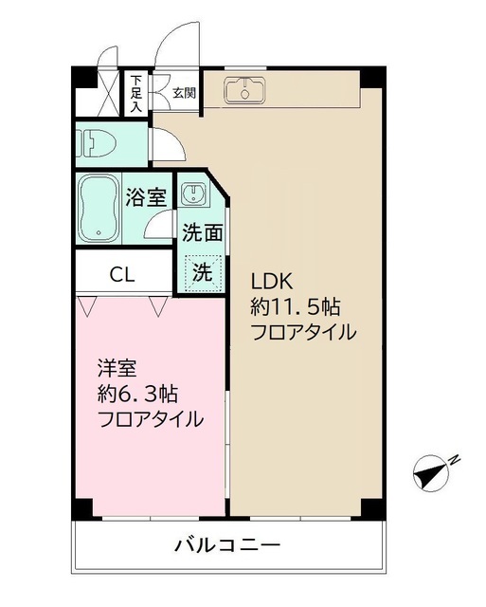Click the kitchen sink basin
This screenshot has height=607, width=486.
tap(244, 91)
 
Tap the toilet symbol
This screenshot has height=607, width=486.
tap(96, 142)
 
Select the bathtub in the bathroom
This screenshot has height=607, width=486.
tap(99, 210)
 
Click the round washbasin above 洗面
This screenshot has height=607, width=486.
tap(192, 193)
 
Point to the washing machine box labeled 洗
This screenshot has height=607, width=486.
tap(204, 272)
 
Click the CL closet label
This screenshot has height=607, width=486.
tap(122, 275)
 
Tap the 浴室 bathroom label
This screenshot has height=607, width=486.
tap(146, 198)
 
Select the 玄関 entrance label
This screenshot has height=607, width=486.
tap(184, 93)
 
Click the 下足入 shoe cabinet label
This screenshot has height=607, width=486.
tap(135, 94)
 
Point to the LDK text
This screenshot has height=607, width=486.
tap(272, 282)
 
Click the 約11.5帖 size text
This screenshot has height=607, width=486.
tap(296, 307)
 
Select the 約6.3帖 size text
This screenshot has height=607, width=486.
tap(137, 395)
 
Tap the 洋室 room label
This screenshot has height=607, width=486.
tap(117, 369)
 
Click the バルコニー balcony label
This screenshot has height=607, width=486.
tap(227, 546)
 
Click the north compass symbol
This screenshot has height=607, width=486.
tap(431, 472)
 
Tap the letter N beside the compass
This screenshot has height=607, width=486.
tap(455, 460)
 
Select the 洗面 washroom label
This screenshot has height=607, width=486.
tap(203, 233)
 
